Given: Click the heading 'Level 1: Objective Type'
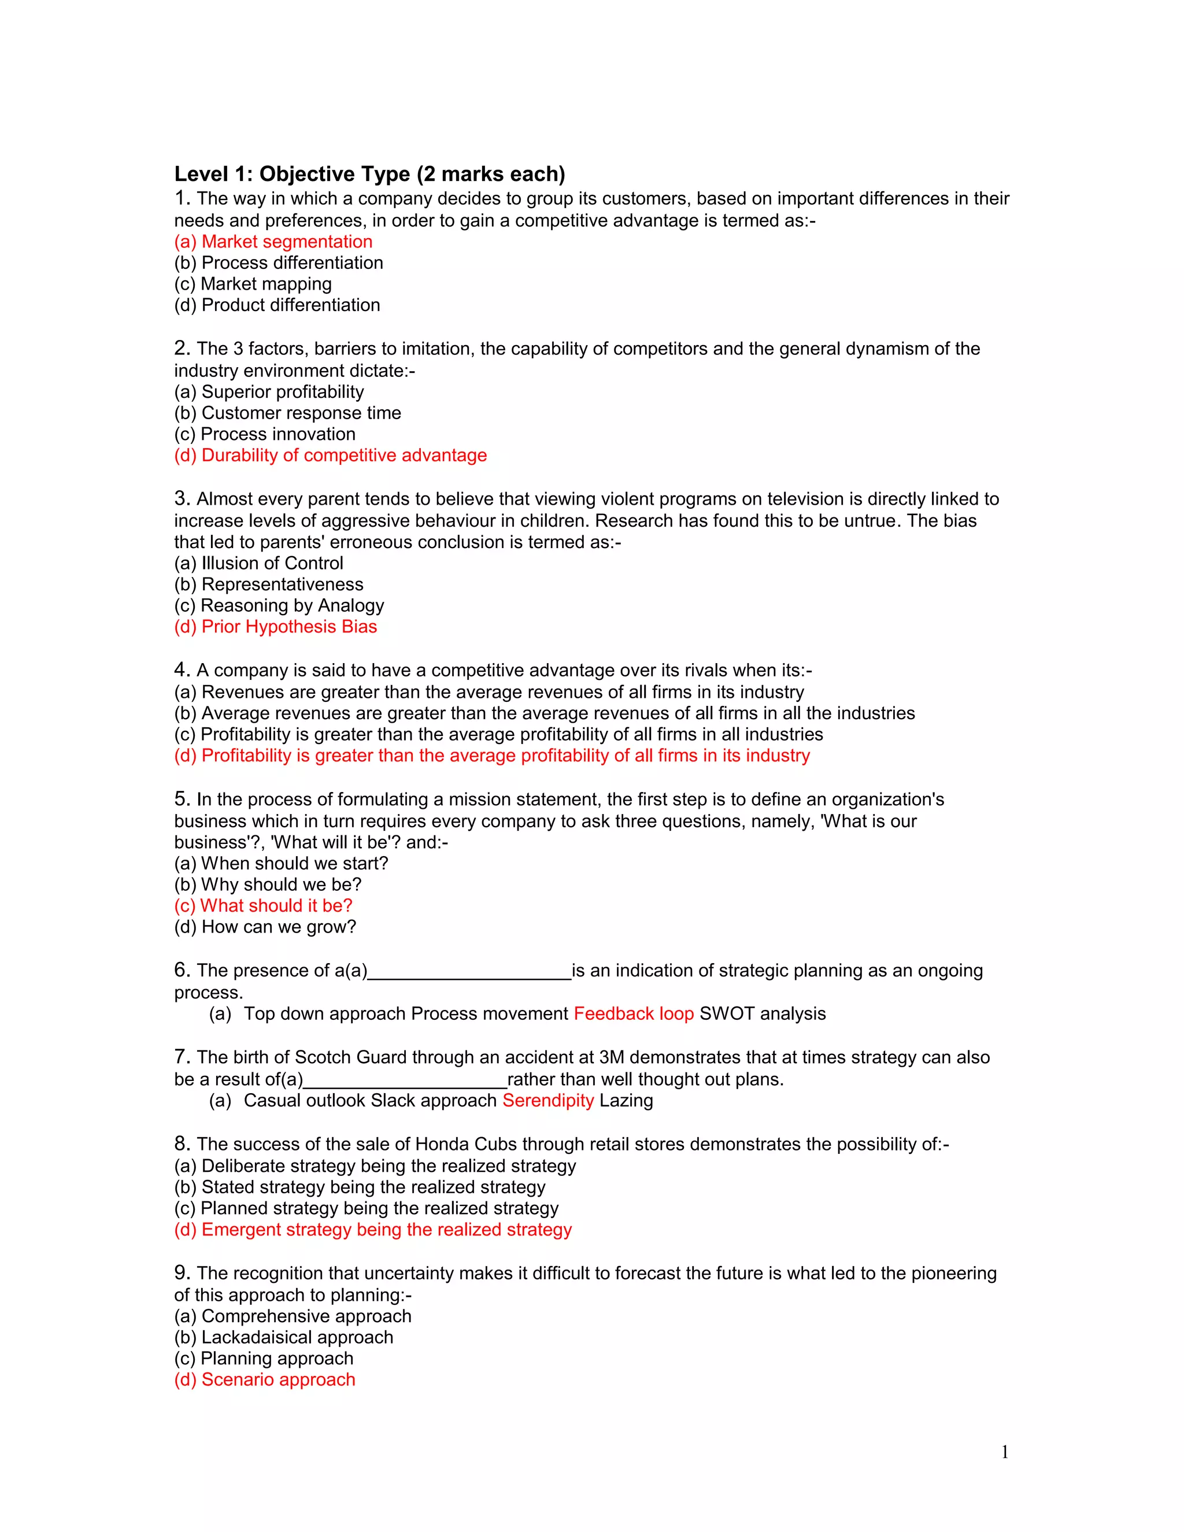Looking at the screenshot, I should [x=369, y=174].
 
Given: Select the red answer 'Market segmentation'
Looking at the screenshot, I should [x=273, y=242].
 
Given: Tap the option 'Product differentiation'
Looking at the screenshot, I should [x=277, y=305].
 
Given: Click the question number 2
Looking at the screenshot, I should [x=182, y=348].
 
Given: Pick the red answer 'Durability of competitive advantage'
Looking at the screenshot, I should [x=330, y=455].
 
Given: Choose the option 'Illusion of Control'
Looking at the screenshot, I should [x=259, y=563].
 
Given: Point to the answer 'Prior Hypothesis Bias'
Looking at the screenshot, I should [x=276, y=627].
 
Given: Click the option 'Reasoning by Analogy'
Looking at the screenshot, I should [x=279, y=605].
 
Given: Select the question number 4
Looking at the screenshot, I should [x=182, y=669].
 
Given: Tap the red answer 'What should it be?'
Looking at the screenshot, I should [x=264, y=905].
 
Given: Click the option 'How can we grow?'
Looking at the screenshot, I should [x=265, y=927].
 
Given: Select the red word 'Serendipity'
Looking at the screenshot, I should [x=548, y=1101].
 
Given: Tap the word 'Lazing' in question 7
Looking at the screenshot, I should [x=626, y=1101].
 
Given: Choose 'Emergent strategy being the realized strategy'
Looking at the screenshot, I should [x=373, y=1230].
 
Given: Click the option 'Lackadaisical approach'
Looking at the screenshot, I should [x=284, y=1338].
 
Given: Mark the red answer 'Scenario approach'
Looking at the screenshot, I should [x=265, y=1380].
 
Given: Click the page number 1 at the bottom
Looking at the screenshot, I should [x=1004, y=1452].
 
